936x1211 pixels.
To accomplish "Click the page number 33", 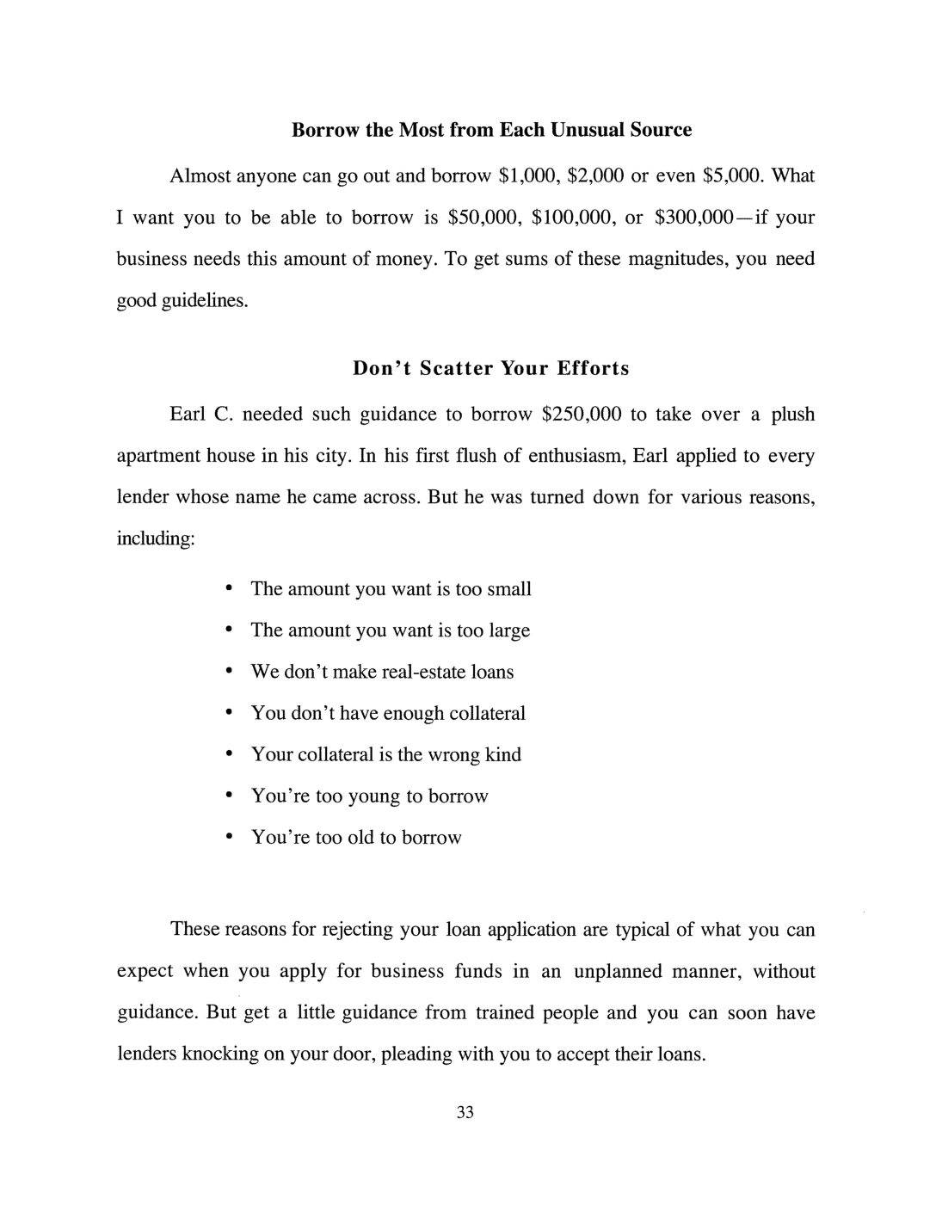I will (465, 1113).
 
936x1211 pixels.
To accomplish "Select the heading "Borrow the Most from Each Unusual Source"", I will (491, 130).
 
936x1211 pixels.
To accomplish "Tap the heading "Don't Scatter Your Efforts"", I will (491, 368).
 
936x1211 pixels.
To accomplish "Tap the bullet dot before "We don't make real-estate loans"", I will (228, 672).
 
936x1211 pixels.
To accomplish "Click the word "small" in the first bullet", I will (509, 589).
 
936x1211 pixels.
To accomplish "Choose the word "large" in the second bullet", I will (509, 630).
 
